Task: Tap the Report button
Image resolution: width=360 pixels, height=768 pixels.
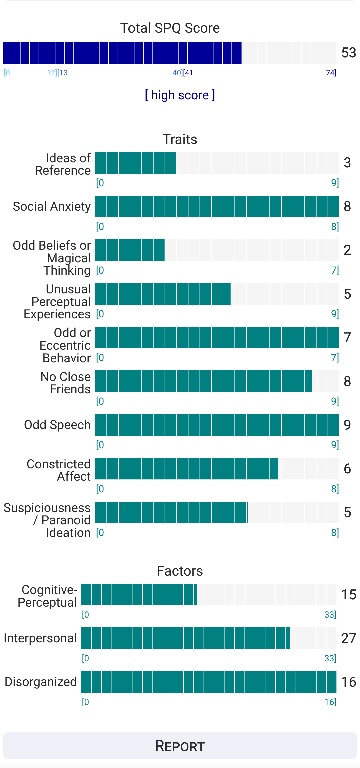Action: [x=180, y=746]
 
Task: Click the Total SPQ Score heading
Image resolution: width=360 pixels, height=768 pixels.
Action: [x=170, y=28]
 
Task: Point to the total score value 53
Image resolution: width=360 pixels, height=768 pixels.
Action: [x=349, y=53]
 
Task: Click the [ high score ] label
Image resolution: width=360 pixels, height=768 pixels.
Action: [x=180, y=95]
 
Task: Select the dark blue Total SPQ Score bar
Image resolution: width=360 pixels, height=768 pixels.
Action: [x=122, y=53]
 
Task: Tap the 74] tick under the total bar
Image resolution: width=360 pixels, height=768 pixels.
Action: [x=331, y=73]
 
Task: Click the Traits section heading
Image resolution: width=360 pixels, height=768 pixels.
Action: [x=180, y=139]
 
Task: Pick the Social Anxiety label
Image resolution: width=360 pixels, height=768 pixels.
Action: [x=52, y=207]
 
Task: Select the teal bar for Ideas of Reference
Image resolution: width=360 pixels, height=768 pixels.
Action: [x=136, y=163]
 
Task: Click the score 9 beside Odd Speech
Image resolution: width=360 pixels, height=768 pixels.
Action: [x=347, y=425]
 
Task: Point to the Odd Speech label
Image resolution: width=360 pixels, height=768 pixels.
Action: [x=57, y=425]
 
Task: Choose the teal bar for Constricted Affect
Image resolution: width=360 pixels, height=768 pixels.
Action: [x=187, y=468]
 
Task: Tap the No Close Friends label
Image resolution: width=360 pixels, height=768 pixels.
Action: [x=66, y=383]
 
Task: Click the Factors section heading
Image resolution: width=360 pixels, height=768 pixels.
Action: [x=180, y=571]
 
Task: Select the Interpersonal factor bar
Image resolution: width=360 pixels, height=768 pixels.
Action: [x=185, y=638]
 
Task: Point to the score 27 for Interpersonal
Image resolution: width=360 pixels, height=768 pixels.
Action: [x=349, y=638]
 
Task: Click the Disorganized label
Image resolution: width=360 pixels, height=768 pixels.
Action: [x=41, y=682]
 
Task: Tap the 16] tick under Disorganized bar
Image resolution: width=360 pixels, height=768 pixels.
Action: [x=330, y=702]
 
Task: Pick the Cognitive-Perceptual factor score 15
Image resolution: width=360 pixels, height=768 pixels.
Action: [x=349, y=595]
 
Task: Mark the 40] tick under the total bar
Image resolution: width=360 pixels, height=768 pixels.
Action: [x=177, y=73]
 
